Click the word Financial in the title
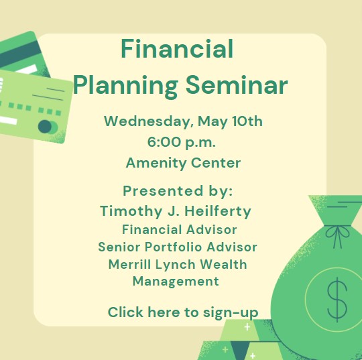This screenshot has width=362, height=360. pyautogui.click(x=177, y=49)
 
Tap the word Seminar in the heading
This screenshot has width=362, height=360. pyautogui.click(x=237, y=85)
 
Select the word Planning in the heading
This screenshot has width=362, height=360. pyautogui.click(x=126, y=86)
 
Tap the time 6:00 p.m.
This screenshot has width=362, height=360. pyautogui.click(x=182, y=142)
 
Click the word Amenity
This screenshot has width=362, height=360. pyautogui.click(x=156, y=164)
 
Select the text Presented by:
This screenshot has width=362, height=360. pyautogui.click(x=178, y=192)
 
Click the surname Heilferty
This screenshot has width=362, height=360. pyautogui.click(x=218, y=211)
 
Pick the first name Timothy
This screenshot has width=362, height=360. pyautogui.click(x=131, y=211)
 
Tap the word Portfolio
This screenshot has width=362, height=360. pyautogui.click(x=174, y=247)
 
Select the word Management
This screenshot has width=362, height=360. pyautogui.click(x=176, y=282)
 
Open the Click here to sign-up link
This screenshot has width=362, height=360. pyautogui.click(x=183, y=312)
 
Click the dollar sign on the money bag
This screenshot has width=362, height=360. pyautogui.click(x=337, y=300)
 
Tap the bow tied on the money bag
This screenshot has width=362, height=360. pyautogui.click(x=337, y=236)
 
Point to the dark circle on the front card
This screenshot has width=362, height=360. pyautogui.click(x=44, y=127)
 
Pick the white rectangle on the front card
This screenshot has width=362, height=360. pyautogui.click(x=8, y=120)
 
